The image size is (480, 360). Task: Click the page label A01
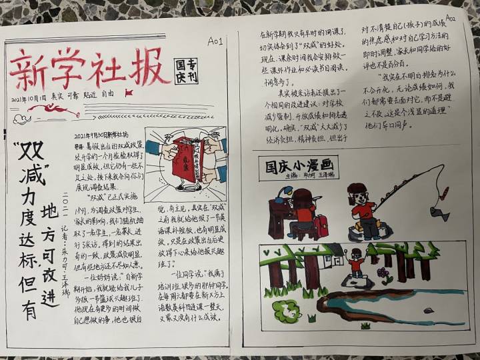[x=215, y=42]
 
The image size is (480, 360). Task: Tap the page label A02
[x=450, y=18]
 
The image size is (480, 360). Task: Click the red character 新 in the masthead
[x=31, y=71]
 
